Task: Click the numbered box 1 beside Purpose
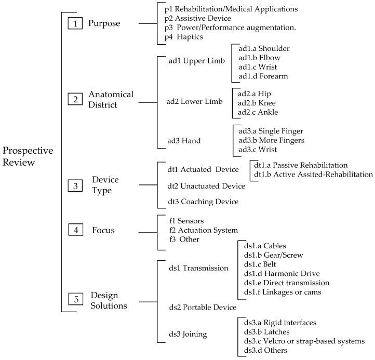point(75,24)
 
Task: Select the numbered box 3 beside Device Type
point(75,185)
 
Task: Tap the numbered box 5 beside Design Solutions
point(75,299)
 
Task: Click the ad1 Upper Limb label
point(196,61)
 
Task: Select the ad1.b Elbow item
point(257,58)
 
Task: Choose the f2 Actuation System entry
point(204,230)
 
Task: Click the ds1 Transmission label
point(198,268)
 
